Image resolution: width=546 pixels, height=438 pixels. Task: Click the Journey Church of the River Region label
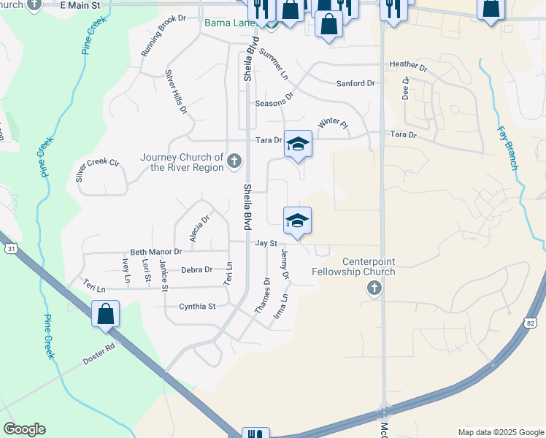coord(182,162)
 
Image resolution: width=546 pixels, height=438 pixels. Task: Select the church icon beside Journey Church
coord(234,160)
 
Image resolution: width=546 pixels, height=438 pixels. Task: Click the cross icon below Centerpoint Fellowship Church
coord(374,289)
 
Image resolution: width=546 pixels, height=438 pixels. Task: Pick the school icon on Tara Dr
coord(298,144)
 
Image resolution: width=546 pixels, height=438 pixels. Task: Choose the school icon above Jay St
coord(297,220)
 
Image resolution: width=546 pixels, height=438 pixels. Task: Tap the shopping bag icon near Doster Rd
coord(106,314)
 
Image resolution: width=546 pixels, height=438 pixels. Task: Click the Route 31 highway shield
coord(11,249)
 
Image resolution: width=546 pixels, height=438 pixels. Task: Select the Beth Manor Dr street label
coord(155,252)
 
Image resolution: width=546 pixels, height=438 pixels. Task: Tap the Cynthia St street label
coord(198,307)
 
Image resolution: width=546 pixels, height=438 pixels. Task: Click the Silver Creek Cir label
coord(97,170)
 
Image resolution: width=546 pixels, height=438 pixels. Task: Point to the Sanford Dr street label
coord(355,84)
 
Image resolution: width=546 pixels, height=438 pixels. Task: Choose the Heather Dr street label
coord(408,64)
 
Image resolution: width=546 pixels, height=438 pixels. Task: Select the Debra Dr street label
coord(196,269)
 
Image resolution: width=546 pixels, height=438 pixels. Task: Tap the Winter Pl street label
coord(333,123)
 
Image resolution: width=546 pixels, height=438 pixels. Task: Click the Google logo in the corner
coord(24,429)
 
